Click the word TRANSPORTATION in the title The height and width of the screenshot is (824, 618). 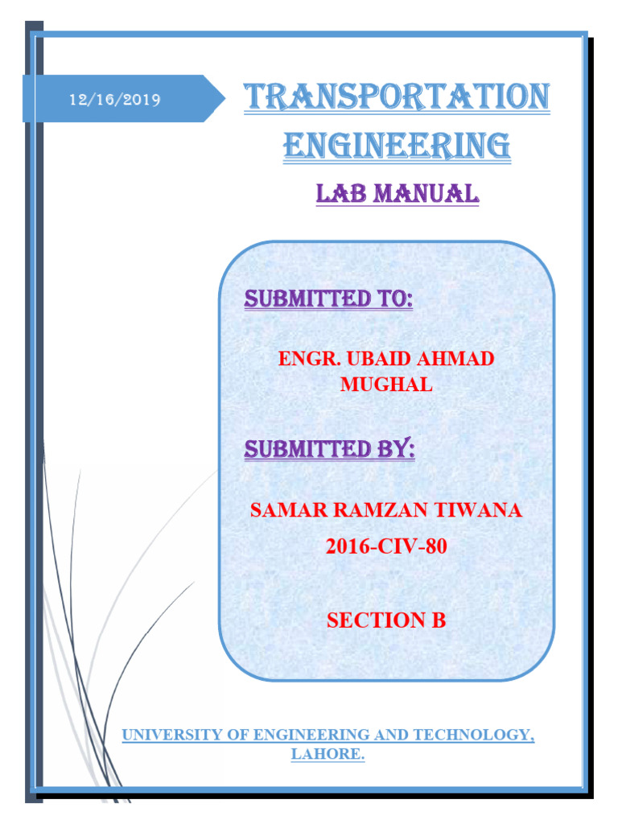coord(397,98)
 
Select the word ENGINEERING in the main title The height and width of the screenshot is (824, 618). coord(397,146)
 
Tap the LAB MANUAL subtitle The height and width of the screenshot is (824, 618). coord(398,194)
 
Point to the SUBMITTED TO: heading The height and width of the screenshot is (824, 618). coord(328,300)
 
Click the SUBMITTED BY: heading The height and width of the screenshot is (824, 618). coord(330,450)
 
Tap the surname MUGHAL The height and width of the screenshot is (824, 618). coord(386,385)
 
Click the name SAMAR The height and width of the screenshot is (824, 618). coord(280,509)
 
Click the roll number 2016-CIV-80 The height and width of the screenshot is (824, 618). coord(386,547)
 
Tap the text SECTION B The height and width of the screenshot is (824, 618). coord(386,620)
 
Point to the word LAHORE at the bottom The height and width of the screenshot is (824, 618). coord(325,755)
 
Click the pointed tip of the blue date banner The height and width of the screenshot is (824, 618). coord(224,99)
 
